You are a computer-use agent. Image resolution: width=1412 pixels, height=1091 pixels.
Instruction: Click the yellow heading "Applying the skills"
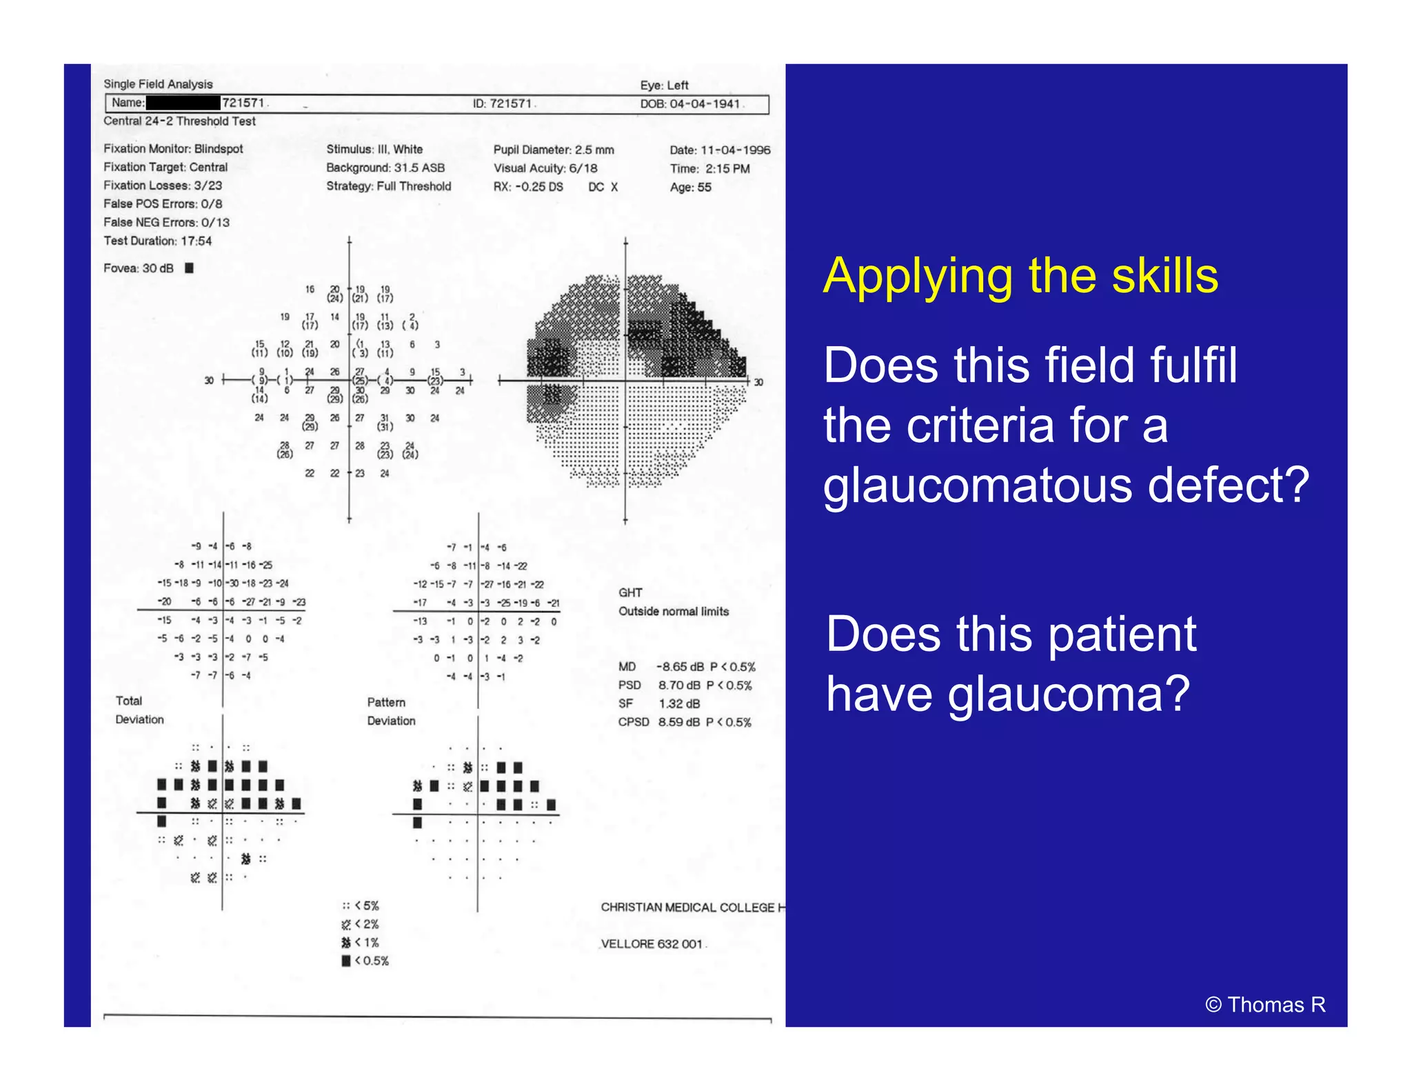pos(1020,276)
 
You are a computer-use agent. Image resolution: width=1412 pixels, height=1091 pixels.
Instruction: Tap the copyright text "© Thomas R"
pos(1265,1005)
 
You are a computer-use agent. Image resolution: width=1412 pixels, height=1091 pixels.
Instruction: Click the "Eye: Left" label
pos(664,86)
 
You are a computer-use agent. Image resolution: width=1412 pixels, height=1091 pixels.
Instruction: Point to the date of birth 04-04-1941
pos(705,104)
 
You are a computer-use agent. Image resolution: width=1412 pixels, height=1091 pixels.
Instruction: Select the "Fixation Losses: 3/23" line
pos(163,186)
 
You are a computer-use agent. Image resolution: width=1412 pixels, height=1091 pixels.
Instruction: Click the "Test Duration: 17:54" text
pos(158,241)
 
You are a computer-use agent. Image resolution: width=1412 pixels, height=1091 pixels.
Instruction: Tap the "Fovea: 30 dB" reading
pos(139,268)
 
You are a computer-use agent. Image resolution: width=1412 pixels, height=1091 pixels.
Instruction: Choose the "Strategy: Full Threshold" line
pos(389,186)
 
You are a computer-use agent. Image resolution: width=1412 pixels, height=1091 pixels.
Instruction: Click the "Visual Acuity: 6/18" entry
pos(545,168)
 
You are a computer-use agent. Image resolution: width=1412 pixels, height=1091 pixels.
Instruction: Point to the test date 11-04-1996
pos(736,150)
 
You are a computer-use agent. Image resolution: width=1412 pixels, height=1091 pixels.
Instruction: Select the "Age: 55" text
pos(690,187)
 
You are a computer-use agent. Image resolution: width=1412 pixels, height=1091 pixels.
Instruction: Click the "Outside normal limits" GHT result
pos(674,611)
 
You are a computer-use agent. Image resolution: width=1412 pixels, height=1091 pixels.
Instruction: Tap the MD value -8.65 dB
pos(680,667)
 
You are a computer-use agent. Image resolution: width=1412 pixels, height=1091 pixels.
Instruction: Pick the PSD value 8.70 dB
pos(680,685)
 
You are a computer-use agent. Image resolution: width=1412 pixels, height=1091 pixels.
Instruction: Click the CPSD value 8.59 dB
pos(679,722)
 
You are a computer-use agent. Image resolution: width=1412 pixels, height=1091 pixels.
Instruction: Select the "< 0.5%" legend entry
pos(372,961)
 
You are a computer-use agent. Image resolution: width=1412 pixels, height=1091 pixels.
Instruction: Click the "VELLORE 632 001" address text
pos(652,943)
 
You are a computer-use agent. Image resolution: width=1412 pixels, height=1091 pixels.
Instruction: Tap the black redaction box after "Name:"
pos(183,103)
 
